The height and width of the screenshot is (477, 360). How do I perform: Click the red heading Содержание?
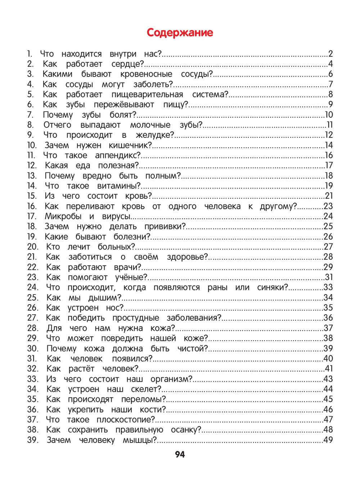pos(180,33)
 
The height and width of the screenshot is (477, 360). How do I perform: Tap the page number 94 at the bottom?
pos(180,454)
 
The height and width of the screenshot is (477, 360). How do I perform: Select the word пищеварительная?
pos(147,95)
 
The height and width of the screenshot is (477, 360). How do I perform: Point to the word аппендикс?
pos(117,156)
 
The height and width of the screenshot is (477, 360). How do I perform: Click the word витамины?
pos(118,186)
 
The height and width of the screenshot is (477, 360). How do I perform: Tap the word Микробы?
pos(63,216)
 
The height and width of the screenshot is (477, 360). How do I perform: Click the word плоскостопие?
pos(124,420)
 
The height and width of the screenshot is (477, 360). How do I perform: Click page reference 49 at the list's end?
pos(328,440)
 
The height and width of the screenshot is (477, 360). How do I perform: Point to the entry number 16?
pos(32,206)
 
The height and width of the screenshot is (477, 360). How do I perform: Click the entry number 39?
pos(32,440)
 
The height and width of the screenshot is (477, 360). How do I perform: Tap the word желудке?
pos(154,135)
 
